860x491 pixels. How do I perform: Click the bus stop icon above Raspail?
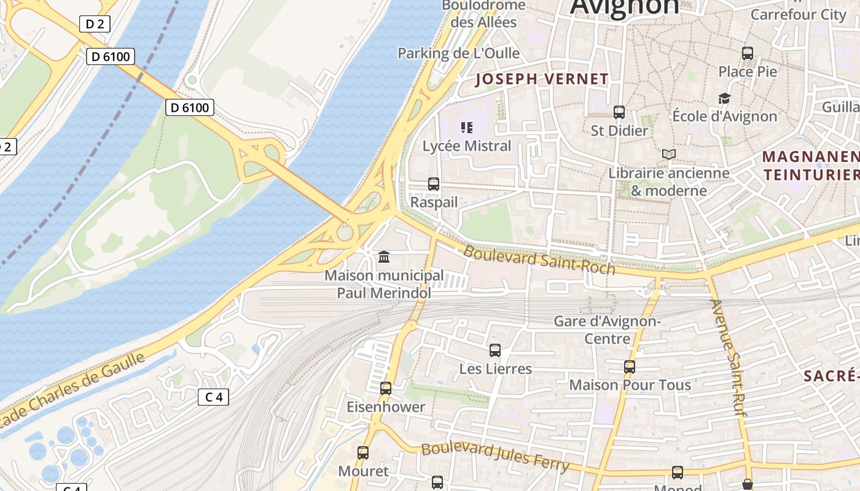[x=434, y=184]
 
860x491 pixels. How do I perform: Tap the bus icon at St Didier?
[x=619, y=112]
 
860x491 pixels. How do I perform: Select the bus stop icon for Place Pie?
[x=748, y=53]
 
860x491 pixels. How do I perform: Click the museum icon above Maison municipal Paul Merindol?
[x=384, y=257]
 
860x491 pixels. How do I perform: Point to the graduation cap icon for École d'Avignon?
[x=725, y=98]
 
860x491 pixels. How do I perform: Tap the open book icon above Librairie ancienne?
[x=669, y=155]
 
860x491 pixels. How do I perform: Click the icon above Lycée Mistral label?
[x=467, y=128]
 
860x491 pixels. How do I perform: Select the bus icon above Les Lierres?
[x=495, y=350]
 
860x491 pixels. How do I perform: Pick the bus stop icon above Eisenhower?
[x=386, y=389]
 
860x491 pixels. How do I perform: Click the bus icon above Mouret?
[x=363, y=453]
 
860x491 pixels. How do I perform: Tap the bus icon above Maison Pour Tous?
[x=630, y=367]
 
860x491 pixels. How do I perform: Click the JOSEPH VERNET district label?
[x=542, y=79]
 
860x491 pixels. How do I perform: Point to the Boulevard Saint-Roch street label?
[x=539, y=260]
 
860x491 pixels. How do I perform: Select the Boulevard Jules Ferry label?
[x=495, y=457]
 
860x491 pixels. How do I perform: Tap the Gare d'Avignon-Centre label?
[x=608, y=330]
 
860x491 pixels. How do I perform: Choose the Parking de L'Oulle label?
[x=458, y=53]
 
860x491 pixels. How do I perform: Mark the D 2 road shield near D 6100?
[x=94, y=25]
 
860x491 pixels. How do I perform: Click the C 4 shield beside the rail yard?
[x=213, y=397]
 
